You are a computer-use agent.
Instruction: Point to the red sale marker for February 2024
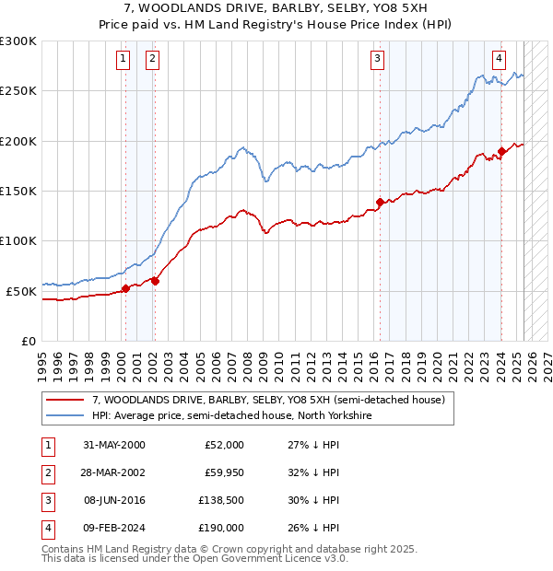tap(501, 151)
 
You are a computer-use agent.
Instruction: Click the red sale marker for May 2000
tap(124, 288)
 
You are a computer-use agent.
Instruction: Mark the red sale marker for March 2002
tap(155, 281)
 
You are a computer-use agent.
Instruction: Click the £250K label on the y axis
tap(18, 91)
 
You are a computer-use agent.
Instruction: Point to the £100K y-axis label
tap(18, 240)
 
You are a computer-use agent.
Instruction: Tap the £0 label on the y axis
tap(27, 341)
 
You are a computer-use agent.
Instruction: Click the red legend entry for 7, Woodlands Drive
tap(268, 400)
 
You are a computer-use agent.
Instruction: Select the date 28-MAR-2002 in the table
tap(113, 472)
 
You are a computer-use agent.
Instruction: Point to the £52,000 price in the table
tap(223, 444)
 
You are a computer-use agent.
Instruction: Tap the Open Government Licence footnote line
tap(194, 558)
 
